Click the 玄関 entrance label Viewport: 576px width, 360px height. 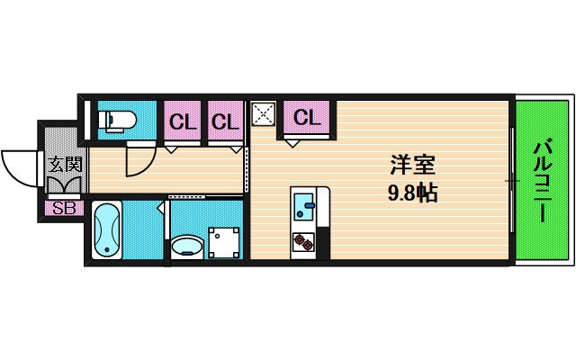pos(66,164)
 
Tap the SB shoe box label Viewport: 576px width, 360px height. pos(64,208)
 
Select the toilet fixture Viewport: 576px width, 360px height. pos(118,120)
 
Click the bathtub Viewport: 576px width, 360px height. pos(106,229)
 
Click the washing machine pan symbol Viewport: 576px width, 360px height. pos(224,243)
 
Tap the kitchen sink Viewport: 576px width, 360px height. pos(304,206)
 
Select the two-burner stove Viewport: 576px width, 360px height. pos(303,242)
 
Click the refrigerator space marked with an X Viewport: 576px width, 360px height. pos(264,114)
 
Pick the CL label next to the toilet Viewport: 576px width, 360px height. pos(183,121)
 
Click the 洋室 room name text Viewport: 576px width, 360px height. pos(412,165)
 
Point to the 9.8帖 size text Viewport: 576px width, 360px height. pos(412,193)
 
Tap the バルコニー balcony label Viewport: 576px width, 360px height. pos(543,180)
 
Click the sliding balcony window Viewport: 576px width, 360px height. pos(512,180)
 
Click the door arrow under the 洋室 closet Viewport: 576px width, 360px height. pos(292,144)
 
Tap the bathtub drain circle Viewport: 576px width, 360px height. pos(107,250)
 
